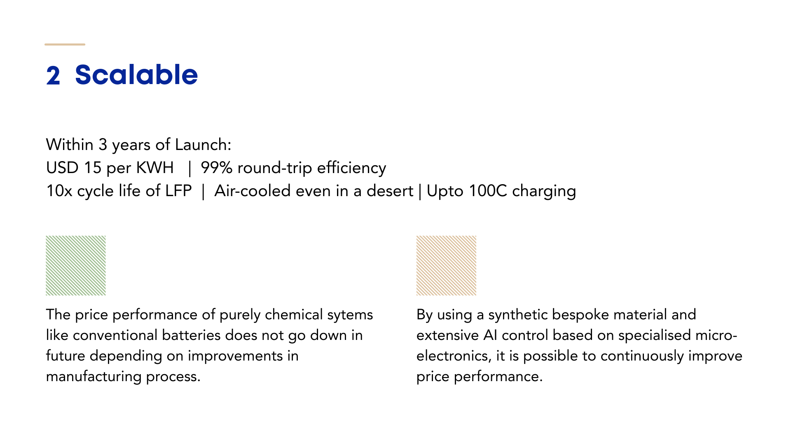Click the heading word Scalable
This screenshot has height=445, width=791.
(136, 75)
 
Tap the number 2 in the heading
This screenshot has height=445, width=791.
(53, 76)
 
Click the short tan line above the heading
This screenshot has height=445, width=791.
(65, 44)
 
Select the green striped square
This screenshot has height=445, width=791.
(76, 265)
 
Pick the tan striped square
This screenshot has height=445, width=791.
(446, 265)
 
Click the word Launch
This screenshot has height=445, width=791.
(203, 145)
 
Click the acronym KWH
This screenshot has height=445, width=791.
(155, 168)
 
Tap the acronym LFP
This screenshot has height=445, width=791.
(178, 191)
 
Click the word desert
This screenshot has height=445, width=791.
(390, 191)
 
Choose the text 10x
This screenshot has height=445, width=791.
(59, 191)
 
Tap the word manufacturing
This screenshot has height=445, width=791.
(94, 377)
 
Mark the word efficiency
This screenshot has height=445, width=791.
(351, 168)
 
